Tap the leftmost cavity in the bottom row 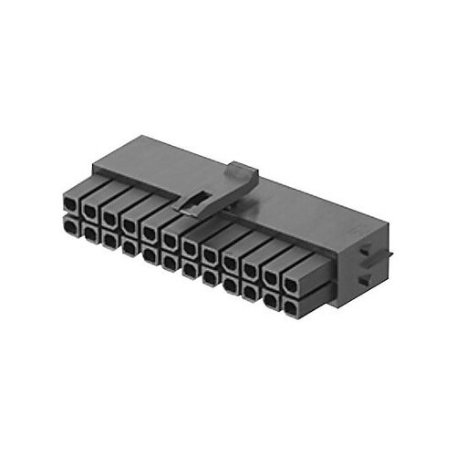70,224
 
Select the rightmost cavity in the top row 291,285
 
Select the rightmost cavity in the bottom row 291,311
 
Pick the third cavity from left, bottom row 110,240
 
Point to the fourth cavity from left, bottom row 130,247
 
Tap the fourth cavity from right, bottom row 231,287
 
